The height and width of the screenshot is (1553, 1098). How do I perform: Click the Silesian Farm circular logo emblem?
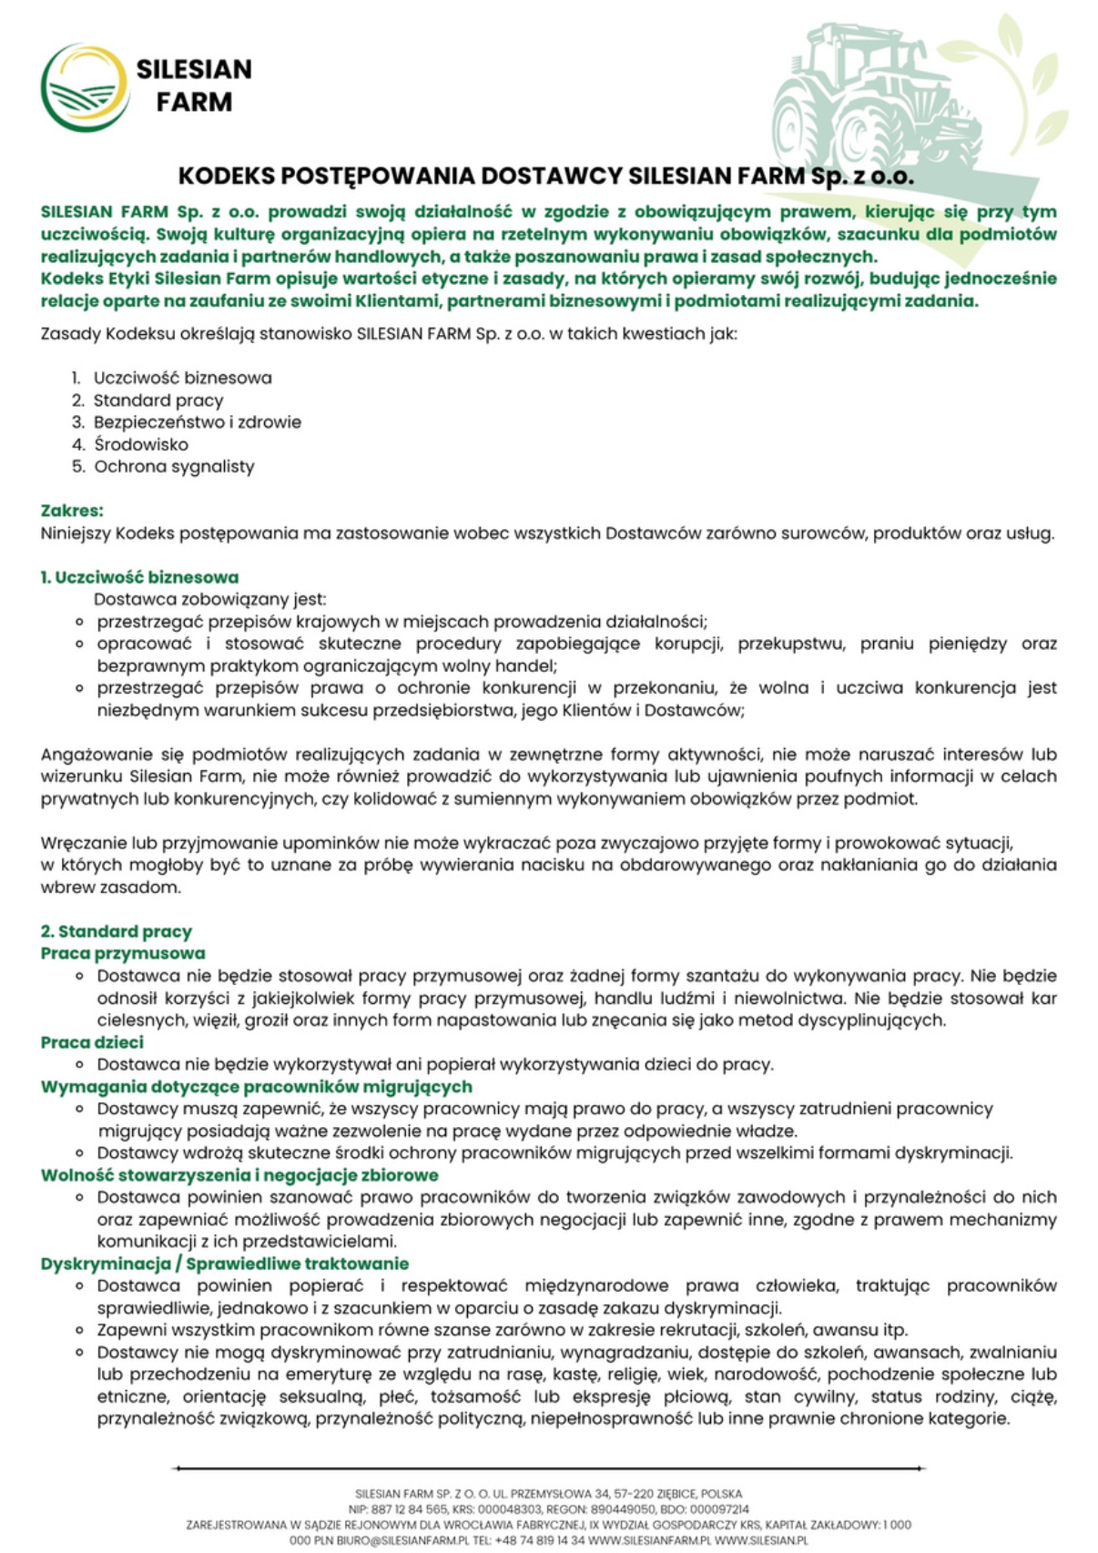tap(84, 87)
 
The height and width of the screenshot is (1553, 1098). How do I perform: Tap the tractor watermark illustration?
tap(874, 100)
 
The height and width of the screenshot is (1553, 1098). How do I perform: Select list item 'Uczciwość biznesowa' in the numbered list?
tap(182, 378)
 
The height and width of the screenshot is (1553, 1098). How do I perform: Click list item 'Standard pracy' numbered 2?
tap(158, 401)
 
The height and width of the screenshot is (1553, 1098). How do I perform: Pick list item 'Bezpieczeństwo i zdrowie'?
tap(197, 422)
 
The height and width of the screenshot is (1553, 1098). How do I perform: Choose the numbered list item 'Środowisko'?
tap(141, 444)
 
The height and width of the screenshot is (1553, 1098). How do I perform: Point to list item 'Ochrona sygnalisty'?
tap(174, 467)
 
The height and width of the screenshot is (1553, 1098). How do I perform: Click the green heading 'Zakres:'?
tap(72, 511)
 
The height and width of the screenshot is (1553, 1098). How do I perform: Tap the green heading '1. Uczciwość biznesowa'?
tap(139, 577)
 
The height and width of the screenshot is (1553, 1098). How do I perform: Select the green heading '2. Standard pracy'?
tap(116, 931)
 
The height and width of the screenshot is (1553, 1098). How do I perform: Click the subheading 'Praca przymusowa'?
tap(123, 953)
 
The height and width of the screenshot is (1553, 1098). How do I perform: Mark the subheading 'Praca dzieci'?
tap(92, 1042)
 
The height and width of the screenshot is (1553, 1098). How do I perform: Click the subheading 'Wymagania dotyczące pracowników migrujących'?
tap(256, 1086)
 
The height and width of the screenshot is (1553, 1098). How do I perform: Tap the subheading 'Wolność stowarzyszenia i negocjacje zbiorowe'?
tap(239, 1175)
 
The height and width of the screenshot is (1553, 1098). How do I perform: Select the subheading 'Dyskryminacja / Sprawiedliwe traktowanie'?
tap(224, 1264)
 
